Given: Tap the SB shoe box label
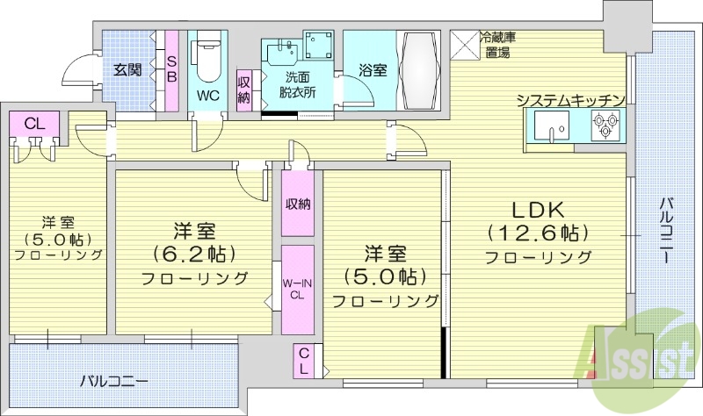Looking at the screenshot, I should [x=171, y=69].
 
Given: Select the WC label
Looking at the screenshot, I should [x=208, y=94].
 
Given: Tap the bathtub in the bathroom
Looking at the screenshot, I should [x=422, y=71].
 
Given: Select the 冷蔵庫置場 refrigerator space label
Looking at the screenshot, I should [x=497, y=46].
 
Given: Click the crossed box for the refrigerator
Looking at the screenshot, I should [x=463, y=45].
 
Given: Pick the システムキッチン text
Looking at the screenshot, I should [x=570, y=100].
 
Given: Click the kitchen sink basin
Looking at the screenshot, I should [x=552, y=130].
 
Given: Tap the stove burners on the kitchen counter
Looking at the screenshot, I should [x=605, y=130].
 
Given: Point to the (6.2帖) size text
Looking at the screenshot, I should [x=193, y=255].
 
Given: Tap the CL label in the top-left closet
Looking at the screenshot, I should [x=33, y=124].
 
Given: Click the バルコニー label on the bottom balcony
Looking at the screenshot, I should [x=113, y=382].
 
